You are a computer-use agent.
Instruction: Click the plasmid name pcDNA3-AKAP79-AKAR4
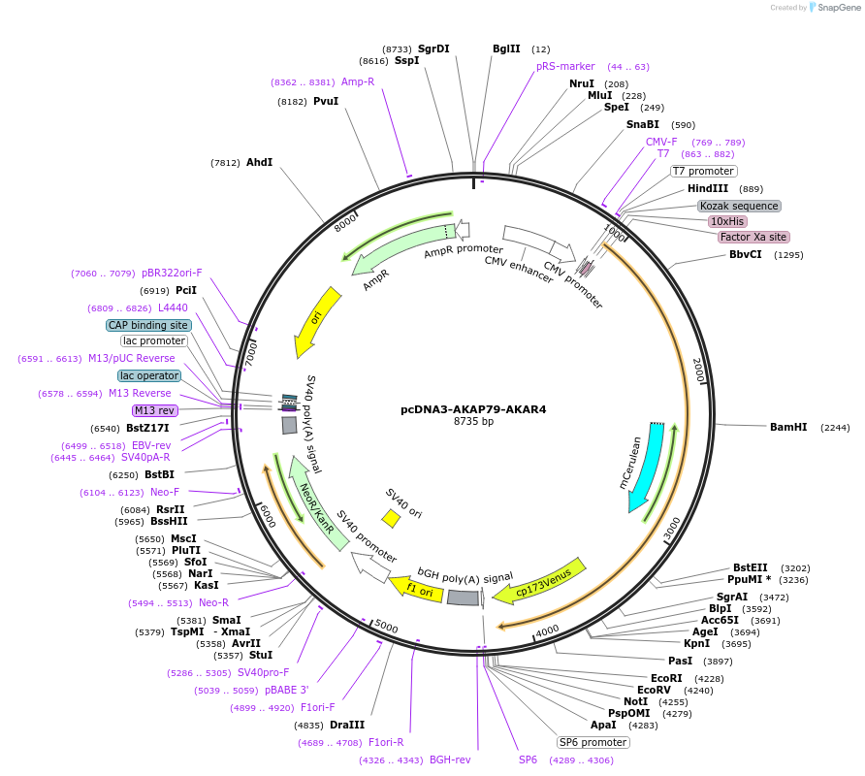click(473, 409)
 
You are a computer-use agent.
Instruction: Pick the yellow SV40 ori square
click(391, 519)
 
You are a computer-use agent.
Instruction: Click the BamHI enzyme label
click(788, 427)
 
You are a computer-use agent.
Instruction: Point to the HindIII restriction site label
click(712, 188)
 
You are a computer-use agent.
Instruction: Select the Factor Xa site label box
click(753, 237)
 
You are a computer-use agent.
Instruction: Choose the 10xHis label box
click(727, 221)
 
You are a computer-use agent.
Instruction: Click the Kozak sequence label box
click(739, 206)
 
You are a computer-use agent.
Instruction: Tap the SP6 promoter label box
click(593, 742)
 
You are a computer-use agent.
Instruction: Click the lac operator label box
click(149, 375)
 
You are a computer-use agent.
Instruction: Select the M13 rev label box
click(155, 410)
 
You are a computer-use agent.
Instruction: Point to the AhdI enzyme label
click(259, 162)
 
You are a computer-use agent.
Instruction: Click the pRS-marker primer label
click(565, 66)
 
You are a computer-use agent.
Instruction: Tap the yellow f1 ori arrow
click(417, 587)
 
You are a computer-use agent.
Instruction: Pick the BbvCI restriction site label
click(746, 255)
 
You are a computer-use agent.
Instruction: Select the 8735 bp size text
click(473, 422)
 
